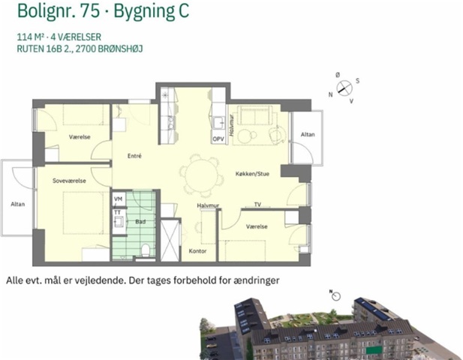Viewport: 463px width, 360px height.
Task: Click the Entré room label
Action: coord(134,156)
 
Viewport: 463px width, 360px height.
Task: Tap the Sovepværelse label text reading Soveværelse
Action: coord(69,181)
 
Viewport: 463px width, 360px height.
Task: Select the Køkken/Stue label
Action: coord(252,174)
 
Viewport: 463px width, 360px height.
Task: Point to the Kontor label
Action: coord(197,251)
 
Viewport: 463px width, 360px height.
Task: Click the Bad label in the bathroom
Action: coord(140,221)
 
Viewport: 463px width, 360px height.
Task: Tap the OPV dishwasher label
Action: coord(218,139)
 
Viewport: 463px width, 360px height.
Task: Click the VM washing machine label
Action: coord(118,199)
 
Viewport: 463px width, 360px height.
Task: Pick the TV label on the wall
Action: coord(257,204)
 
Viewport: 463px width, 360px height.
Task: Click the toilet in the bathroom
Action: coord(146,250)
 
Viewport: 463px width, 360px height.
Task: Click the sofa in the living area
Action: coord(257,116)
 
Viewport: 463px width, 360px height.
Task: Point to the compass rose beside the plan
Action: coord(344,88)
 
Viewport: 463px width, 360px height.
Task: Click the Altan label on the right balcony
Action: coord(308,134)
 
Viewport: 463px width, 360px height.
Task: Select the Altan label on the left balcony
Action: coord(18,204)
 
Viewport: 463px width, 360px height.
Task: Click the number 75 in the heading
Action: coord(90,11)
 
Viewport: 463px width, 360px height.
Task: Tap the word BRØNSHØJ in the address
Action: coord(120,49)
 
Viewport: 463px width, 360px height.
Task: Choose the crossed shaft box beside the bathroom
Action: coord(170,240)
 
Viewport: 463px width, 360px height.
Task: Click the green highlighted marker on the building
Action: coord(374,350)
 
